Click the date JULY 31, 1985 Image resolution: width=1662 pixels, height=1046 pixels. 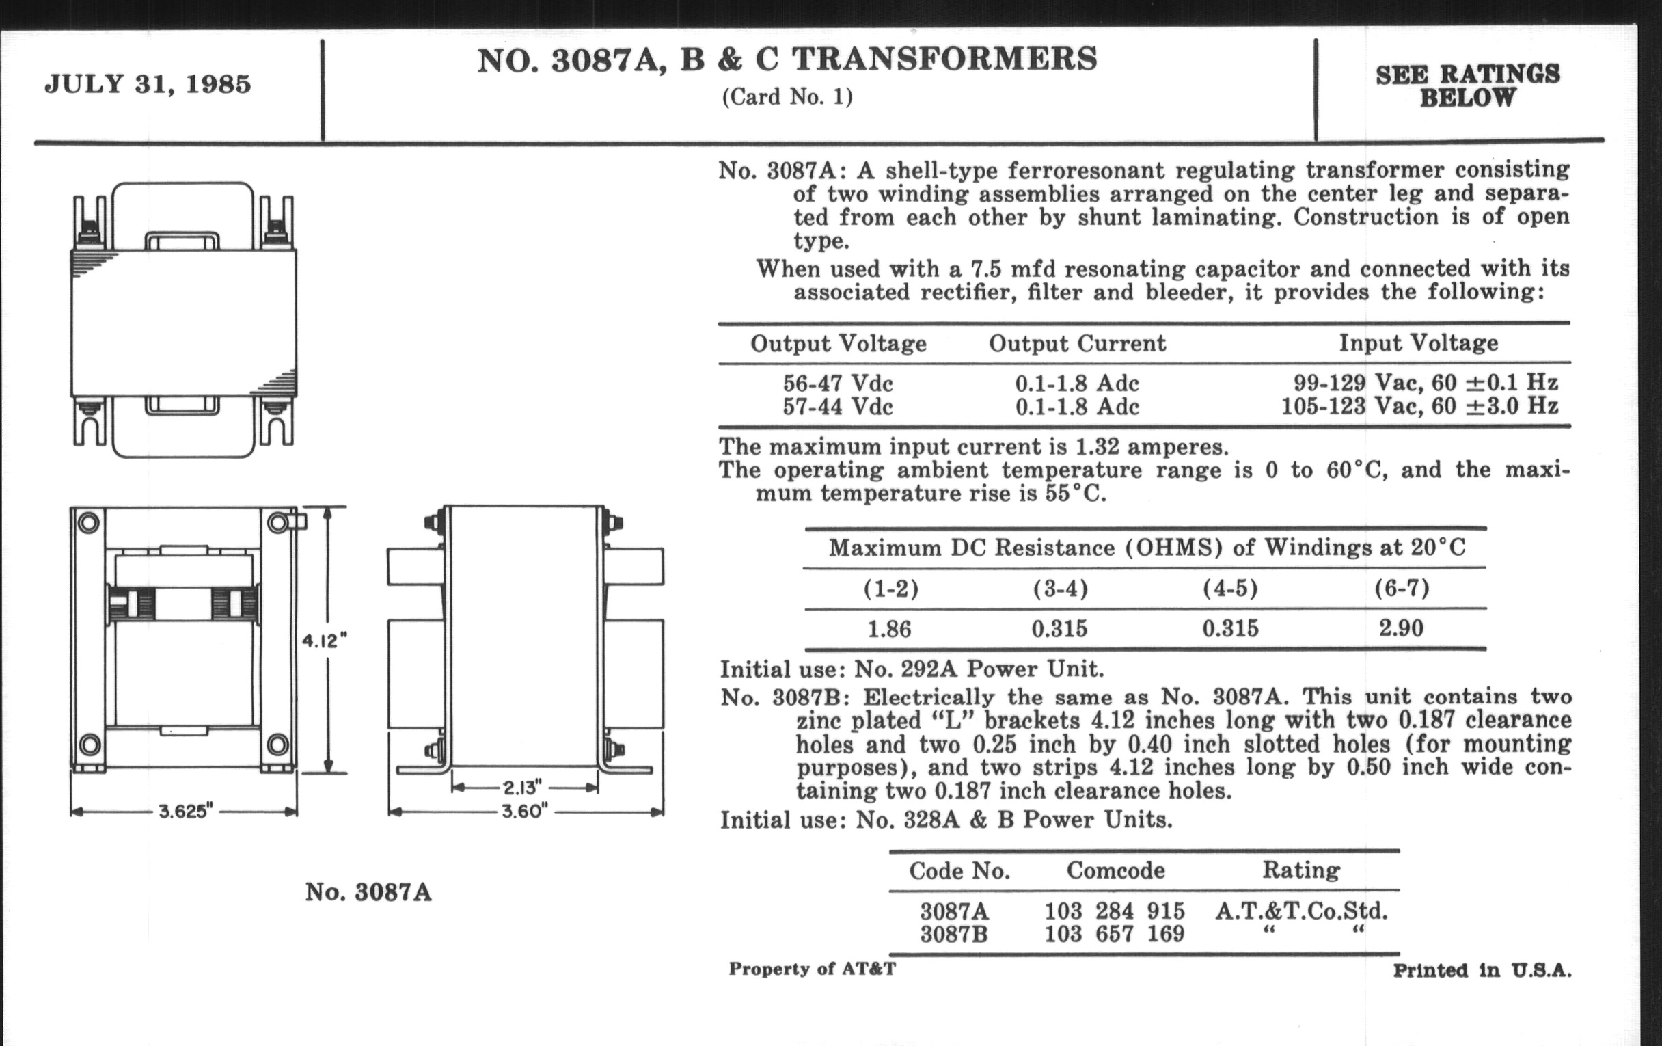point(148,84)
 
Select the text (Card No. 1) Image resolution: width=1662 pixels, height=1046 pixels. point(787,96)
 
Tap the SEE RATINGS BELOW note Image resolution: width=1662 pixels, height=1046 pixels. point(1467,85)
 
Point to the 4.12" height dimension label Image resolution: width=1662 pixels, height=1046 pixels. point(325,641)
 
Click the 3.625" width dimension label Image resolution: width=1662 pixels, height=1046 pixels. point(185,812)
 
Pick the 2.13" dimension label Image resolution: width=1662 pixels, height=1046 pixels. point(522,788)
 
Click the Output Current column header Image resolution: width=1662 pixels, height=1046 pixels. point(1077,343)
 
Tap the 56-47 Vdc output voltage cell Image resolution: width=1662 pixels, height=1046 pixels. point(837,383)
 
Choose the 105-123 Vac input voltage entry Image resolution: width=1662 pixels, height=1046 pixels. point(1419,406)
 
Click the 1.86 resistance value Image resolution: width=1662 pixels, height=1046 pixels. point(889,629)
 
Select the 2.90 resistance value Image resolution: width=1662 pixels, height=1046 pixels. point(1401,628)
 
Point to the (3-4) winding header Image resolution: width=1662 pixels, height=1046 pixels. point(1060,589)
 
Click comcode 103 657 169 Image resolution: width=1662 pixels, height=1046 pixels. point(1114,934)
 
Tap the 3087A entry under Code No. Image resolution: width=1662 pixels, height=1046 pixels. point(954,911)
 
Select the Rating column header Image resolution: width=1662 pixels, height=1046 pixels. point(1301,870)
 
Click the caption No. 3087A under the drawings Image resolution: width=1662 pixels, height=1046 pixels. point(368,892)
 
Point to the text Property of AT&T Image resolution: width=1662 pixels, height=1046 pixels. point(812,969)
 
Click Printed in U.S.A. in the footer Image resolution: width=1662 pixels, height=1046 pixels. point(1482,970)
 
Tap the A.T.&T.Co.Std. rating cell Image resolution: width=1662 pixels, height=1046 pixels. point(1301,911)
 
